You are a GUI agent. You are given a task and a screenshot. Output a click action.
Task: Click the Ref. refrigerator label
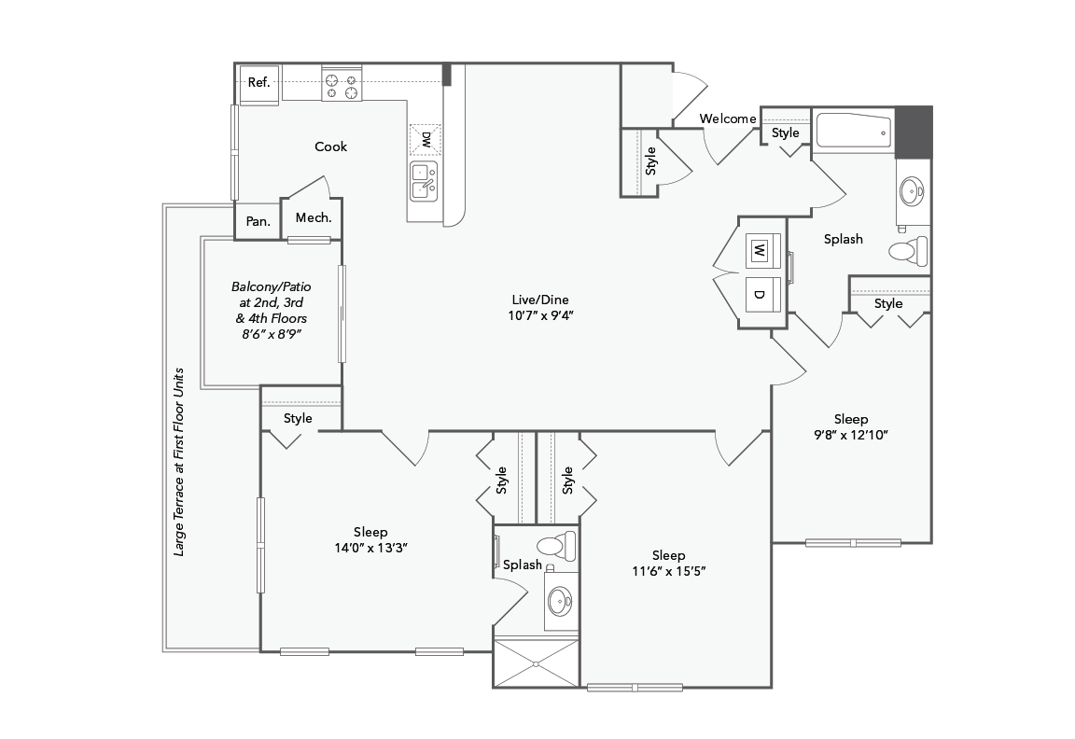[x=258, y=83]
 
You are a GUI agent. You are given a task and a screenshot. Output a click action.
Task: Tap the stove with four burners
[x=342, y=84]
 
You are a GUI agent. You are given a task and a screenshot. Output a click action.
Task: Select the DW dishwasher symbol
[x=426, y=141]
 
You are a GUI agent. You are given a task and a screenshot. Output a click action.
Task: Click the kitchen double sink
[x=425, y=180]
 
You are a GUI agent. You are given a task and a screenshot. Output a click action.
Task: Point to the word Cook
[x=330, y=146]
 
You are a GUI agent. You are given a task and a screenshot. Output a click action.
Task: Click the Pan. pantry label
[x=258, y=222]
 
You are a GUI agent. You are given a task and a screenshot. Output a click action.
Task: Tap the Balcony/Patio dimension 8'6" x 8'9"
[x=272, y=333]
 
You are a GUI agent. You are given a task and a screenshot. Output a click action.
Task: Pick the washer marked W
[x=760, y=251]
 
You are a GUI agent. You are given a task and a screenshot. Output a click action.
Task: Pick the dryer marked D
[x=760, y=295]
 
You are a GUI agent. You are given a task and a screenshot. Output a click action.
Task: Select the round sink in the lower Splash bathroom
[x=560, y=600]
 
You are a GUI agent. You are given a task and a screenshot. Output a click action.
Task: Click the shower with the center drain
[x=536, y=663]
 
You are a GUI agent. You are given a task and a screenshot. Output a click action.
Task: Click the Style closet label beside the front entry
[x=651, y=162]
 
